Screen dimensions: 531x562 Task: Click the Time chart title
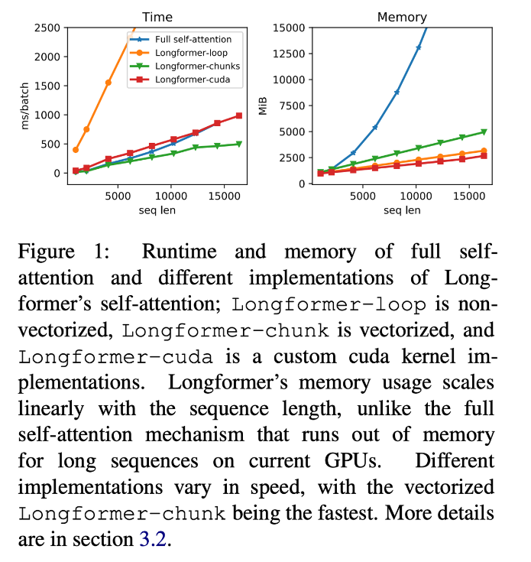157,17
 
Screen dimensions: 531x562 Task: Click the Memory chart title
402,17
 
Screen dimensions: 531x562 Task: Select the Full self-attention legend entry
181,39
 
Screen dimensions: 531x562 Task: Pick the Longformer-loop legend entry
179,53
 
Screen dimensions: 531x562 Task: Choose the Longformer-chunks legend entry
185,66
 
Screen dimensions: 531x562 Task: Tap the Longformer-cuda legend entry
180,80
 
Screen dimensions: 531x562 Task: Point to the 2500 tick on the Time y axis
47,28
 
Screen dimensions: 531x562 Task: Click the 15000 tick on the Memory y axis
289,28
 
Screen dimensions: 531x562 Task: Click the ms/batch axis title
24,106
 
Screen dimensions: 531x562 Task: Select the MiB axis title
263,106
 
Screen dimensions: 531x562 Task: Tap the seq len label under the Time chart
157,210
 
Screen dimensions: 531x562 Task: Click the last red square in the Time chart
239,115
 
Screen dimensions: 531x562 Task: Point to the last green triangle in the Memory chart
484,132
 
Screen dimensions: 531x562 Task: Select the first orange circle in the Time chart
76,150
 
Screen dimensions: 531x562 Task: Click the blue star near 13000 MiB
418,47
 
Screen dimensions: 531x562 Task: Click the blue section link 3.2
153,539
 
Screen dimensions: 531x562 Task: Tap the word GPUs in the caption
352,460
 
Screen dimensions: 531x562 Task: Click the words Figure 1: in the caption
63,252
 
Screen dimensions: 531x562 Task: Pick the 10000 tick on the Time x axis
171,196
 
